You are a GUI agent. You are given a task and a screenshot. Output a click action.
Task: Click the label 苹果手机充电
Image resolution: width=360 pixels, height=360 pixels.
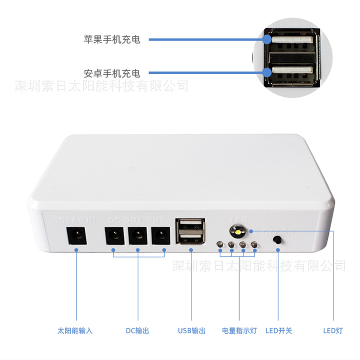pyautogui.click(x=112, y=40)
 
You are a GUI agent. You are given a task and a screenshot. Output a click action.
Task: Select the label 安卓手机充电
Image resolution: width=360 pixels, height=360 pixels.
pyautogui.click(x=112, y=72)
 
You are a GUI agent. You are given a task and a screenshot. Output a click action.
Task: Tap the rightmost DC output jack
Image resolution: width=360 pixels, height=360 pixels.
pyautogui.click(x=161, y=235)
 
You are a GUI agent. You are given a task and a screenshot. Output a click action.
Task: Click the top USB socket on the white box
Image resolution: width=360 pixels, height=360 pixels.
pyautogui.click(x=190, y=226)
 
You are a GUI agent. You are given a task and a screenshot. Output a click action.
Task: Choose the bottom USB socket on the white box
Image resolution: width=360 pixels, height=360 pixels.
pyautogui.click(x=190, y=239)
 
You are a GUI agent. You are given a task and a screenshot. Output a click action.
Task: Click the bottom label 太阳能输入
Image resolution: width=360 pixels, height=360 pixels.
pyautogui.click(x=75, y=331)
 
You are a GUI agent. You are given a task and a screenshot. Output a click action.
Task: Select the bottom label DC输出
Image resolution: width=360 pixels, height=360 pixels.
pyautogui.click(x=137, y=331)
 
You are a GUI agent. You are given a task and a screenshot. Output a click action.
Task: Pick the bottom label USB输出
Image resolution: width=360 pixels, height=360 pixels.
pyautogui.click(x=191, y=331)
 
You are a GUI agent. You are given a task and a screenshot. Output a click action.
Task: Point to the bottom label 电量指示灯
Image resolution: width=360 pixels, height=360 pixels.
pyautogui.click(x=239, y=331)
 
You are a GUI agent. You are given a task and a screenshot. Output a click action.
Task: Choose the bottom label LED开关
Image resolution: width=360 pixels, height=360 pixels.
pyautogui.click(x=279, y=331)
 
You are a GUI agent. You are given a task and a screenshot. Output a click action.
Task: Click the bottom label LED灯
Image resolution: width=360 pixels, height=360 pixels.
pyautogui.click(x=333, y=331)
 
